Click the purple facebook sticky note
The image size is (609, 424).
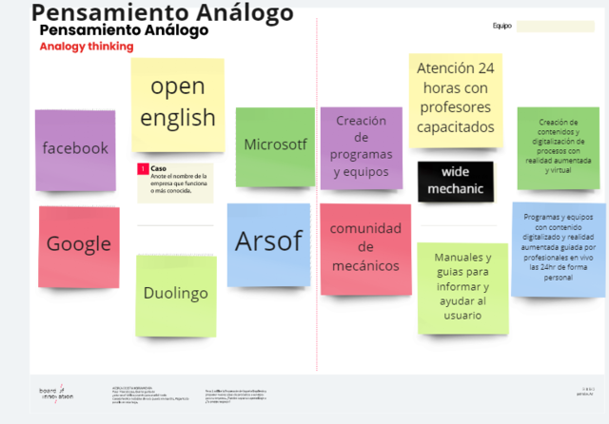click(75, 149)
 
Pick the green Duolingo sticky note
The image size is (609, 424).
click(175, 294)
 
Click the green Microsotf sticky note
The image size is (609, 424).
click(275, 145)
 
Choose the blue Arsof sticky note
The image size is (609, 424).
click(268, 243)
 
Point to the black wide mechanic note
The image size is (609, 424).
click(456, 181)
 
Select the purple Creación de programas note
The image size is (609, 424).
click(361, 147)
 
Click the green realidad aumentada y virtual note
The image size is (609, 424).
click(559, 147)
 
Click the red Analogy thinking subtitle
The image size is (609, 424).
click(87, 47)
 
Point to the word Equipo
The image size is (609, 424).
click(501, 26)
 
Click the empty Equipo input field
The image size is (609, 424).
click(555, 26)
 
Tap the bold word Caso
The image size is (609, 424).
click(158, 168)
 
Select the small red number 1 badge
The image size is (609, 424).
click(143, 169)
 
